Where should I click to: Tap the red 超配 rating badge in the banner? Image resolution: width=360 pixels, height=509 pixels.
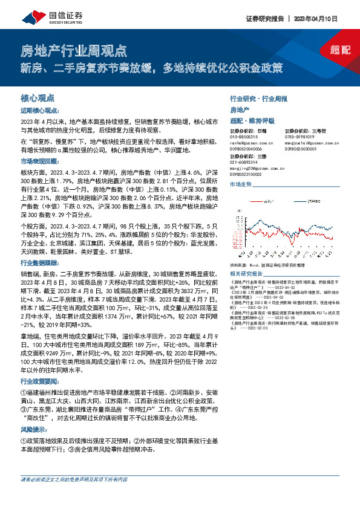click(340, 50)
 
